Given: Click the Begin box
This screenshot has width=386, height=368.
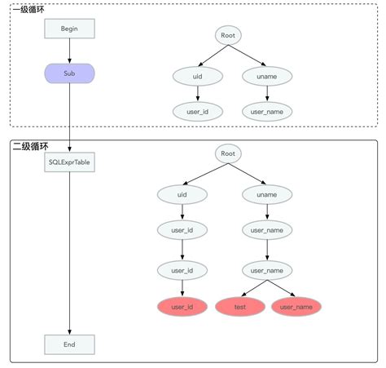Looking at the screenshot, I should [69, 29].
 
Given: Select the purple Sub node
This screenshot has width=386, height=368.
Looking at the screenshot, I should [69, 73].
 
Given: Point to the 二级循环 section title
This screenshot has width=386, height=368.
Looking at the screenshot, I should [29, 147].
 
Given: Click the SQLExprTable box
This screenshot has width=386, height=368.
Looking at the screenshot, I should [69, 162].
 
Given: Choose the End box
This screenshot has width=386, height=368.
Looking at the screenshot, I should [69, 344].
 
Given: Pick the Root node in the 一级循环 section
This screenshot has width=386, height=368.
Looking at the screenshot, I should [229, 35].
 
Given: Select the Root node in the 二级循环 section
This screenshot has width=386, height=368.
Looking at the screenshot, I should [229, 153].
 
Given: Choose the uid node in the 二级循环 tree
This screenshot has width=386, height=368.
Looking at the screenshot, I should [182, 194].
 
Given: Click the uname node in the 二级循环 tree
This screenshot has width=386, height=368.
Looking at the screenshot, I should [266, 194].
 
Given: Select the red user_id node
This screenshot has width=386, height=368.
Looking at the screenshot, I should [182, 307].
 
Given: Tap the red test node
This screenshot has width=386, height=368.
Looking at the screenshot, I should [240, 307].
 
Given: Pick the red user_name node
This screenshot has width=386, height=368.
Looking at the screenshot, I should [296, 307].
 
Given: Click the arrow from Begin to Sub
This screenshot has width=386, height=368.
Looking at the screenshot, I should [69, 51].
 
